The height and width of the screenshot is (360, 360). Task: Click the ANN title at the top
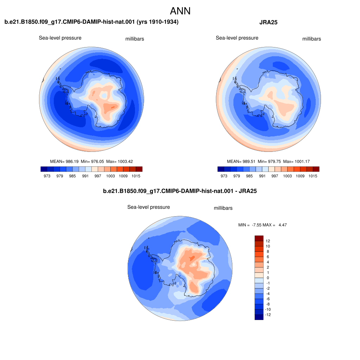(x=180, y=11)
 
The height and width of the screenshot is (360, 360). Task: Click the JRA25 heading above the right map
(x=268, y=22)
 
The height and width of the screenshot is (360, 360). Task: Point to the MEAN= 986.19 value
(x=64, y=161)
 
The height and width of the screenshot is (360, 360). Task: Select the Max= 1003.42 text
(x=120, y=161)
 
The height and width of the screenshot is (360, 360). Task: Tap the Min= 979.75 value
(x=269, y=161)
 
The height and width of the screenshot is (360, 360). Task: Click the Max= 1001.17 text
(x=296, y=161)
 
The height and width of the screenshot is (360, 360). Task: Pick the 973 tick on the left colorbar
(x=47, y=176)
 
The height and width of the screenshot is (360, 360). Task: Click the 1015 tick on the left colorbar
(x=136, y=176)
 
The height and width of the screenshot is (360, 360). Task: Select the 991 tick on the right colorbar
(x=262, y=176)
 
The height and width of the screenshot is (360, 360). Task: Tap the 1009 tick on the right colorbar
(x=300, y=176)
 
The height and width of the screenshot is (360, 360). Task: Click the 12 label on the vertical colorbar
(x=268, y=241)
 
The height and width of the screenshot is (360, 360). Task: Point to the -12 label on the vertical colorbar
(x=268, y=315)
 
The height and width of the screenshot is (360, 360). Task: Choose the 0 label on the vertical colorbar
(x=268, y=278)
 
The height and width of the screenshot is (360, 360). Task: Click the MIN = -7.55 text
(x=250, y=225)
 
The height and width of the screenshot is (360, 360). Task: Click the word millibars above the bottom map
(x=223, y=208)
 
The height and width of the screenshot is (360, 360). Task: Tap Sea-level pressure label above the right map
(x=237, y=38)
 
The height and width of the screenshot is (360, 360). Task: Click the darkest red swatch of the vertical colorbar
(x=259, y=238)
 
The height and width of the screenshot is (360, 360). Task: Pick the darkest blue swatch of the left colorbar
(x=44, y=169)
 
